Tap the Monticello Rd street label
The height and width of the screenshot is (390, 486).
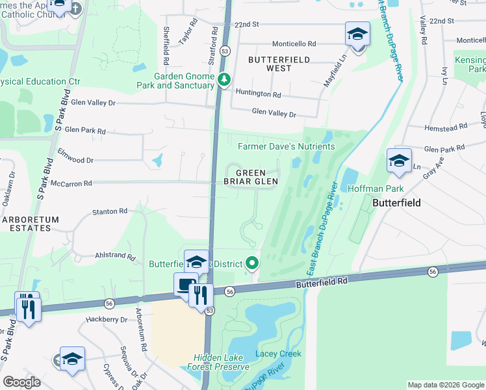(x=294, y=44)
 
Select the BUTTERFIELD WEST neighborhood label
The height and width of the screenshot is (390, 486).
(x=279, y=63)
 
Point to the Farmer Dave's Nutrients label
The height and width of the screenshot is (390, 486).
(x=286, y=146)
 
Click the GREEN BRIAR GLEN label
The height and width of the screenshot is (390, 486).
(x=251, y=177)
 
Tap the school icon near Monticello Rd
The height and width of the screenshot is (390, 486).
(x=357, y=34)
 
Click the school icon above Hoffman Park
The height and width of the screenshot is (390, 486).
(x=399, y=161)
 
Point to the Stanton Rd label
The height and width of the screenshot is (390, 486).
(x=109, y=211)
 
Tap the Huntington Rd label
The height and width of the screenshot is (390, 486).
(x=258, y=94)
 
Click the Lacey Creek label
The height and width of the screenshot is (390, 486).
(x=278, y=354)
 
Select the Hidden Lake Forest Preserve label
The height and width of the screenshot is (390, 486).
(x=221, y=362)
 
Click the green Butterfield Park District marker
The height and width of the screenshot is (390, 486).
(x=252, y=263)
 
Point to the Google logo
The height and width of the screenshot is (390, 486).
(x=21, y=382)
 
